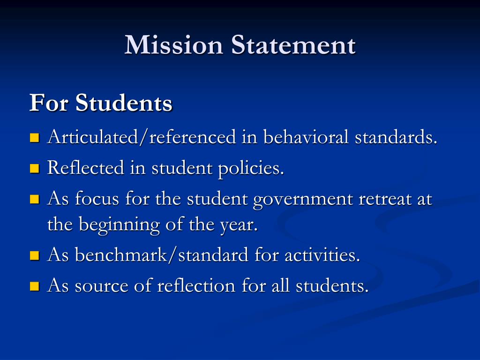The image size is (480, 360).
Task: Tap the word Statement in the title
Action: (x=293, y=45)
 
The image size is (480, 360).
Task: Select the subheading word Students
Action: (x=124, y=103)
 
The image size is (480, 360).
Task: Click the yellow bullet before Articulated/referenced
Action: (x=34, y=138)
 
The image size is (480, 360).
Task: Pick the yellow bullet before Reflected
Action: (x=34, y=168)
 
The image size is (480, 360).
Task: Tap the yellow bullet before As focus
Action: (x=34, y=200)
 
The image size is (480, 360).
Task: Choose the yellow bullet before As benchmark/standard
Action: (x=34, y=256)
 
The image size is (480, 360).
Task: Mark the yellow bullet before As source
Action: (x=34, y=286)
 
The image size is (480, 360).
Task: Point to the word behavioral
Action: (x=306, y=137)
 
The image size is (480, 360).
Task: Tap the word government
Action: (x=303, y=200)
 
